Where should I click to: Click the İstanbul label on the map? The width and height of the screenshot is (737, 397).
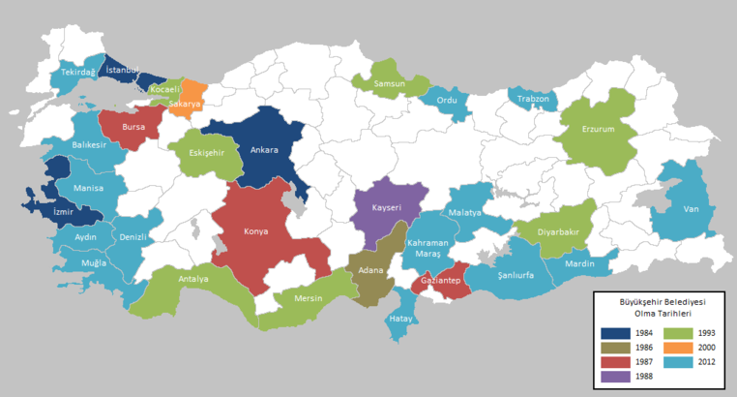pos(124,70)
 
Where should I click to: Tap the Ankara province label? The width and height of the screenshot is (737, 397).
pos(264,150)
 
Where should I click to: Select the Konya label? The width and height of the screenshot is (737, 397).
pos(256,231)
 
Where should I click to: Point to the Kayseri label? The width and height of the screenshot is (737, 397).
pos(388,206)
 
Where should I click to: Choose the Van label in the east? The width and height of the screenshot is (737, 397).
pos(691,208)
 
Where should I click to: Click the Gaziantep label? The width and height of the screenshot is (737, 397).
pos(439,281)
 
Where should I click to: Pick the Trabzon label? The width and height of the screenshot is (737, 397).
pos(532,99)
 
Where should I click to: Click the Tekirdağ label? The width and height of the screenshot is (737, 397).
pos(78,72)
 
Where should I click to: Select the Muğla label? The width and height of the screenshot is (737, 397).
pos(94,262)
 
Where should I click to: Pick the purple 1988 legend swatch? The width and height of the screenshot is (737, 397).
pos(613,377)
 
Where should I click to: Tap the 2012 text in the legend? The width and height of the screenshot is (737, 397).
pos(705,361)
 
